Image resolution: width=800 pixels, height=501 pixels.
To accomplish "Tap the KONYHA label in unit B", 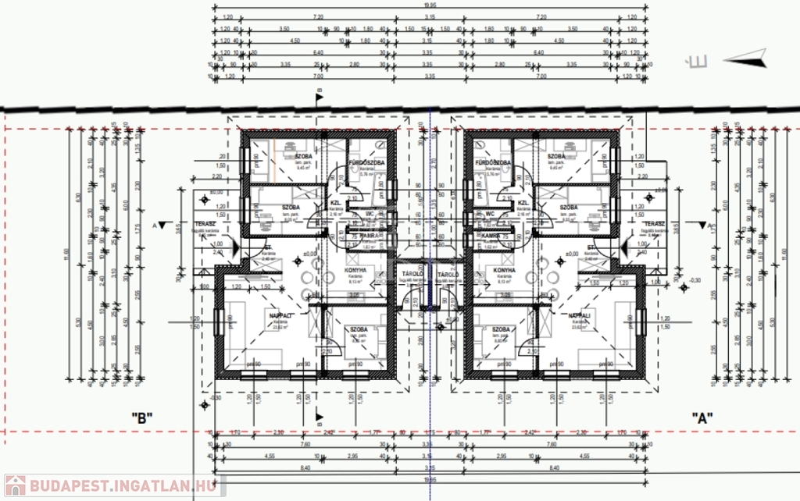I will pyautogui.click(x=355, y=272).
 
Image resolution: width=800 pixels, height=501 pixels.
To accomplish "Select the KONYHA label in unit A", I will pyautogui.click(x=504, y=272).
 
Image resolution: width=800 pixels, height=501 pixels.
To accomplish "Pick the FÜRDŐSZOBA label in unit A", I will pyautogui.click(x=492, y=162).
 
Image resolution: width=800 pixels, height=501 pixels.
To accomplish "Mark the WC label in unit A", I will pyautogui.click(x=491, y=213).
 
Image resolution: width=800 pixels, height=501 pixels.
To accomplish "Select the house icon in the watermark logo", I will pyautogui.click(x=15, y=485).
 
